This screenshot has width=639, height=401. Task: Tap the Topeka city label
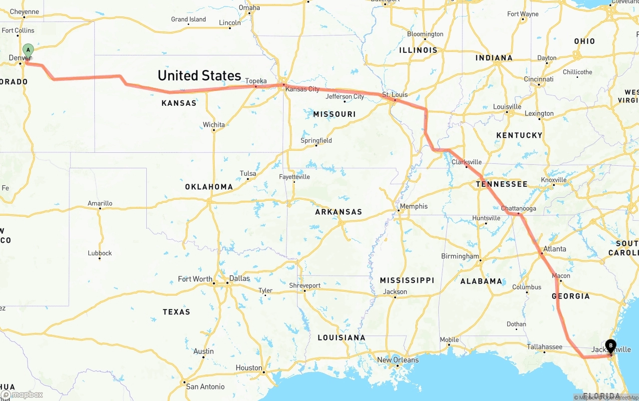click(x=256, y=81)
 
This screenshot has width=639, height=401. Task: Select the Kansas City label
click(x=303, y=89)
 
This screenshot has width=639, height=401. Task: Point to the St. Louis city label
click(x=395, y=94)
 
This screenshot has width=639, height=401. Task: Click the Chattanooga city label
click(x=519, y=208)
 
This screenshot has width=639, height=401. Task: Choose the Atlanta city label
click(x=555, y=249)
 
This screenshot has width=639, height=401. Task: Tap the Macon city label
click(x=561, y=276)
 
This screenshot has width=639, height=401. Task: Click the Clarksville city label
click(x=467, y=162)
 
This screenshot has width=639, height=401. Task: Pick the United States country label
click(x=199, y=75)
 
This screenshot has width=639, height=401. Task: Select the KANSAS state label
click(x=179, y=103)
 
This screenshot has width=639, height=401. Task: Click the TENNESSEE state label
click(x=501, y=184)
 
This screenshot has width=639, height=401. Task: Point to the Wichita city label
click(x=214, y=124)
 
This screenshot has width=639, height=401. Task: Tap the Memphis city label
click(x=414, y=206)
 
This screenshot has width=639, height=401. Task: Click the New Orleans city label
click(x=398, y=360)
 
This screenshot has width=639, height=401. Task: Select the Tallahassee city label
click(x=545, y=347)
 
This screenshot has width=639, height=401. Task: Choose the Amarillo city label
click(x=100, y=203)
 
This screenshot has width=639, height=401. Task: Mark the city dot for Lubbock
click(x=100, y=259)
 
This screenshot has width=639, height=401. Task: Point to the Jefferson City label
click(x=345, y=96)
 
